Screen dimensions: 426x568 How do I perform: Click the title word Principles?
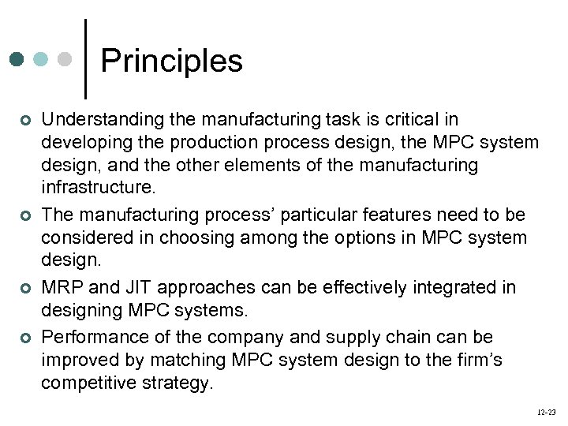click(172, 61)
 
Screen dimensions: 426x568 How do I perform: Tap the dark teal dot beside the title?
click(18, 59)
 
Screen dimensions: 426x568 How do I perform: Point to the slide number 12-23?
click(547, 412)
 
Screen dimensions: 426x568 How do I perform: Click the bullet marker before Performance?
click(25, 338)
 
